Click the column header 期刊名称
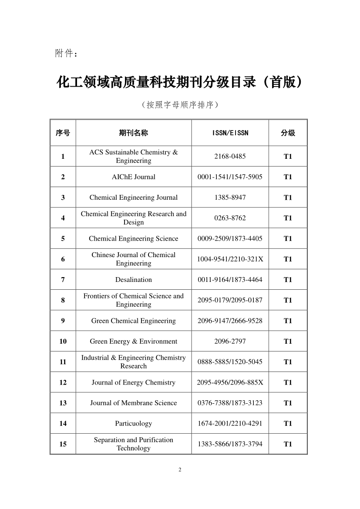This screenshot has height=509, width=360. pos(133,133)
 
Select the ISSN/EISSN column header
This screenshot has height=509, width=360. pos(230,133)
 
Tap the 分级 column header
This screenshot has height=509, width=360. pos(288,133)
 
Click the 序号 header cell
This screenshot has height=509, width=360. pos(63,133)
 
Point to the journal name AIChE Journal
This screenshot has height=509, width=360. pos(133,177)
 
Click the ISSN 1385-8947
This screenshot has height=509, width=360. pos(230,198)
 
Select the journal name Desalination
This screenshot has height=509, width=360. pos(133,280)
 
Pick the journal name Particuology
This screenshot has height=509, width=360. pos(133,424)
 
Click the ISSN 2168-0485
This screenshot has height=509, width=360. pos(230,157)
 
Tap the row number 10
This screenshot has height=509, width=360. pos(63,342)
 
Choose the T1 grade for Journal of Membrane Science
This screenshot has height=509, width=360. pos(288,403)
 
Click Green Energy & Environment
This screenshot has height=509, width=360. pos(133,342)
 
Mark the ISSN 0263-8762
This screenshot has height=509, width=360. pos(230,218)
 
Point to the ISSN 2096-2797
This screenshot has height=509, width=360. pos(230,342)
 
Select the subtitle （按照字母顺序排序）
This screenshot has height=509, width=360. pos(180,105)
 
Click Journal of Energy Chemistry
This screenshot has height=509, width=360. pos(133,383)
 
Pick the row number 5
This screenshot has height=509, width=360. pos(63,239)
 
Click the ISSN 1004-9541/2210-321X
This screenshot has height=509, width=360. pos(230,259)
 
